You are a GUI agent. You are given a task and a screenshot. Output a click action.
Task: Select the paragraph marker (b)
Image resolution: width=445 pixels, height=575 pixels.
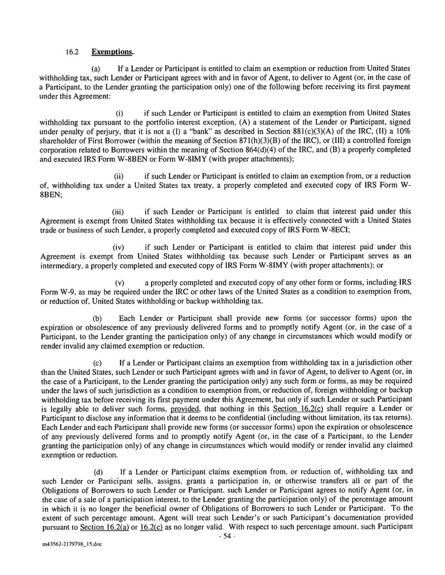[96, 317]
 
